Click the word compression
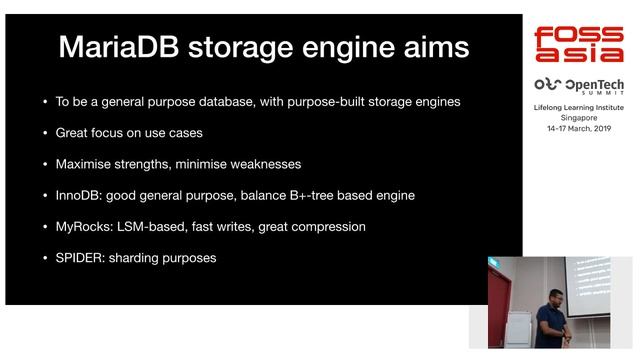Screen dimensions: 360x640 point(328,226)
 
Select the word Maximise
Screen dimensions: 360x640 point(87,164)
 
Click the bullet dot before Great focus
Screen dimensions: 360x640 point(44,133)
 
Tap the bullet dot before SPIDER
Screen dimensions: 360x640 point(44,258)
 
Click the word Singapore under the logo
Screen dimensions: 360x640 point(579,117)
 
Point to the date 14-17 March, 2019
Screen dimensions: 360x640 point(579,128)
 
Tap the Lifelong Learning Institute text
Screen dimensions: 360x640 point(579,106)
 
